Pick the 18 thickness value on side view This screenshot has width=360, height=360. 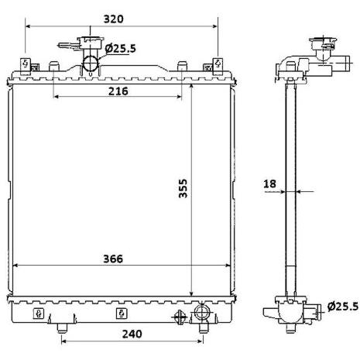270,183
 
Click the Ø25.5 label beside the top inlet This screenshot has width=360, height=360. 121,49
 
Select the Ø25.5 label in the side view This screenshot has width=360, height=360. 342,307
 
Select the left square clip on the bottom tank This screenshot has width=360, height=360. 38,314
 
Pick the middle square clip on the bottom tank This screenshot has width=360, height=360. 121,314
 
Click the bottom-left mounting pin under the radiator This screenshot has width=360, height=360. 60,326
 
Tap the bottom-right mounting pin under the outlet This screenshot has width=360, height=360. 203,327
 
